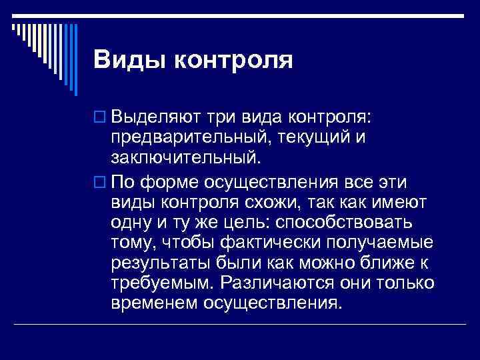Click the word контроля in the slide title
(x=233, y=60)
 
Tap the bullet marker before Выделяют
(x=101, y=119)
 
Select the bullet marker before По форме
(x=101, y=181)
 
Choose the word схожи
(x=285, y=201)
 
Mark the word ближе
(x=387, y=263)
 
